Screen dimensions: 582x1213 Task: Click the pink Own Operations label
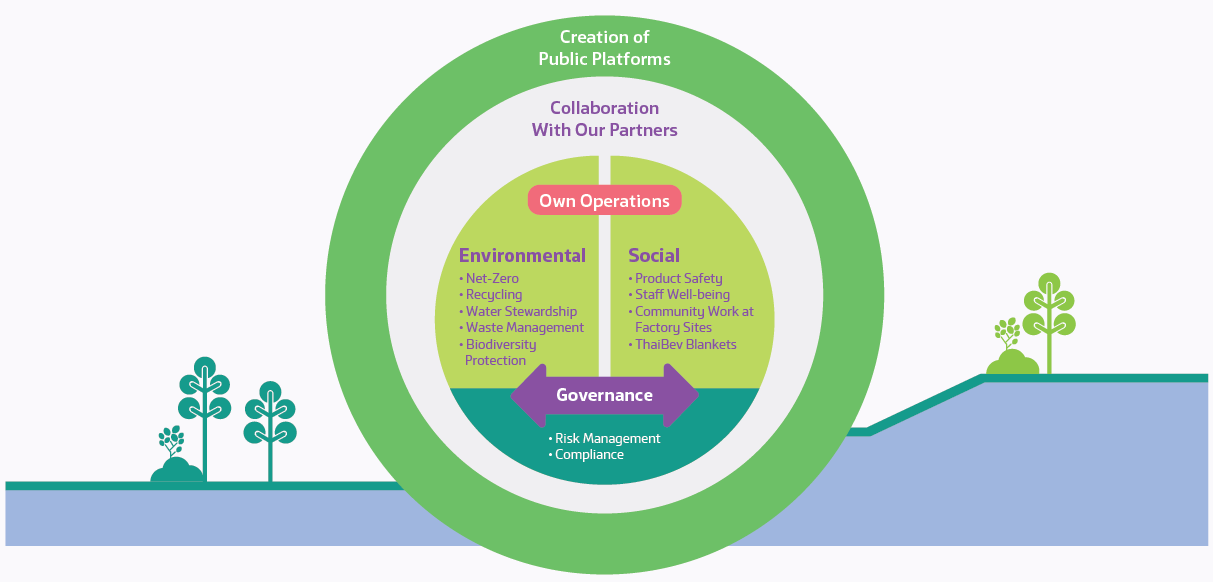[604, 201]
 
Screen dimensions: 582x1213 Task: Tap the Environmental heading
[522, 255]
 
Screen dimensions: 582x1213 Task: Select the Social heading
[654, 255]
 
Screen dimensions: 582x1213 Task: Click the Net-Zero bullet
[492, 279]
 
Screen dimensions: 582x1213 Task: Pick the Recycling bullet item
[494, 295]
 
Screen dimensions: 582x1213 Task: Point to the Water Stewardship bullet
[521, 311]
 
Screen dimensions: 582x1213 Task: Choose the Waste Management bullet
[524, 327]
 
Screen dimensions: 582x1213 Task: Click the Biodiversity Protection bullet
[500, 352]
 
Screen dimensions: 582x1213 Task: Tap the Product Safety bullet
[678, 279]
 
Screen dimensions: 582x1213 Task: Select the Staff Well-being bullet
[682, 295]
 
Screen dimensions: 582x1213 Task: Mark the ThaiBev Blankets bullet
[685, 344]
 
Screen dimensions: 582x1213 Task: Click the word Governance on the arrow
[604, 395]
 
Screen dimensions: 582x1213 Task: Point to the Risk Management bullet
[607, 438]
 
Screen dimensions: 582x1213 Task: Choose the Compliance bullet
[589, 454]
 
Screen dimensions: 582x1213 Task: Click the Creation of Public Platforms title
[604, 48]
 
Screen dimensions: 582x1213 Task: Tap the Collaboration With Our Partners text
[604, 119]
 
